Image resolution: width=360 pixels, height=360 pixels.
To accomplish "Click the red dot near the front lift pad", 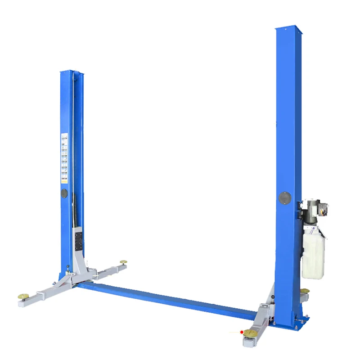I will click(242, 332).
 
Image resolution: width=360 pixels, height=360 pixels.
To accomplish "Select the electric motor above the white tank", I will click(313, 209).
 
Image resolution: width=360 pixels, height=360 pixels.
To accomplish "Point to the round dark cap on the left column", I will click(64, 193).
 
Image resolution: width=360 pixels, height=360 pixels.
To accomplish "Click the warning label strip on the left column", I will click(64, 157).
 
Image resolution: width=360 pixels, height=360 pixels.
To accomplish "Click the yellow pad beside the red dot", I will click(250, 333).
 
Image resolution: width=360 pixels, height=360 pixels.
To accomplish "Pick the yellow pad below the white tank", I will click(305, 291).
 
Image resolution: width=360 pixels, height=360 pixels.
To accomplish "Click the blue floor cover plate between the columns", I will click(166, 297).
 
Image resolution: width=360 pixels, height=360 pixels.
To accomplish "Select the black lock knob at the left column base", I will click(67, 269).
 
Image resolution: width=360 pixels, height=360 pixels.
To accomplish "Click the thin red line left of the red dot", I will click(234, 333).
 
